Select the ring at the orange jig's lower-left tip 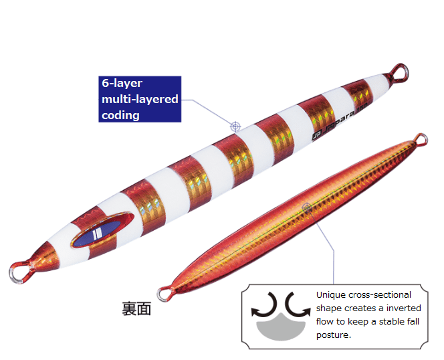163,292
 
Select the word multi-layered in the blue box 140,100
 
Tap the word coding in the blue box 120,114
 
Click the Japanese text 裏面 136,308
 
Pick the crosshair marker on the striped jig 235,125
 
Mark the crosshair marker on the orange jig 307,207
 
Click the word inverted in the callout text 404,308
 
